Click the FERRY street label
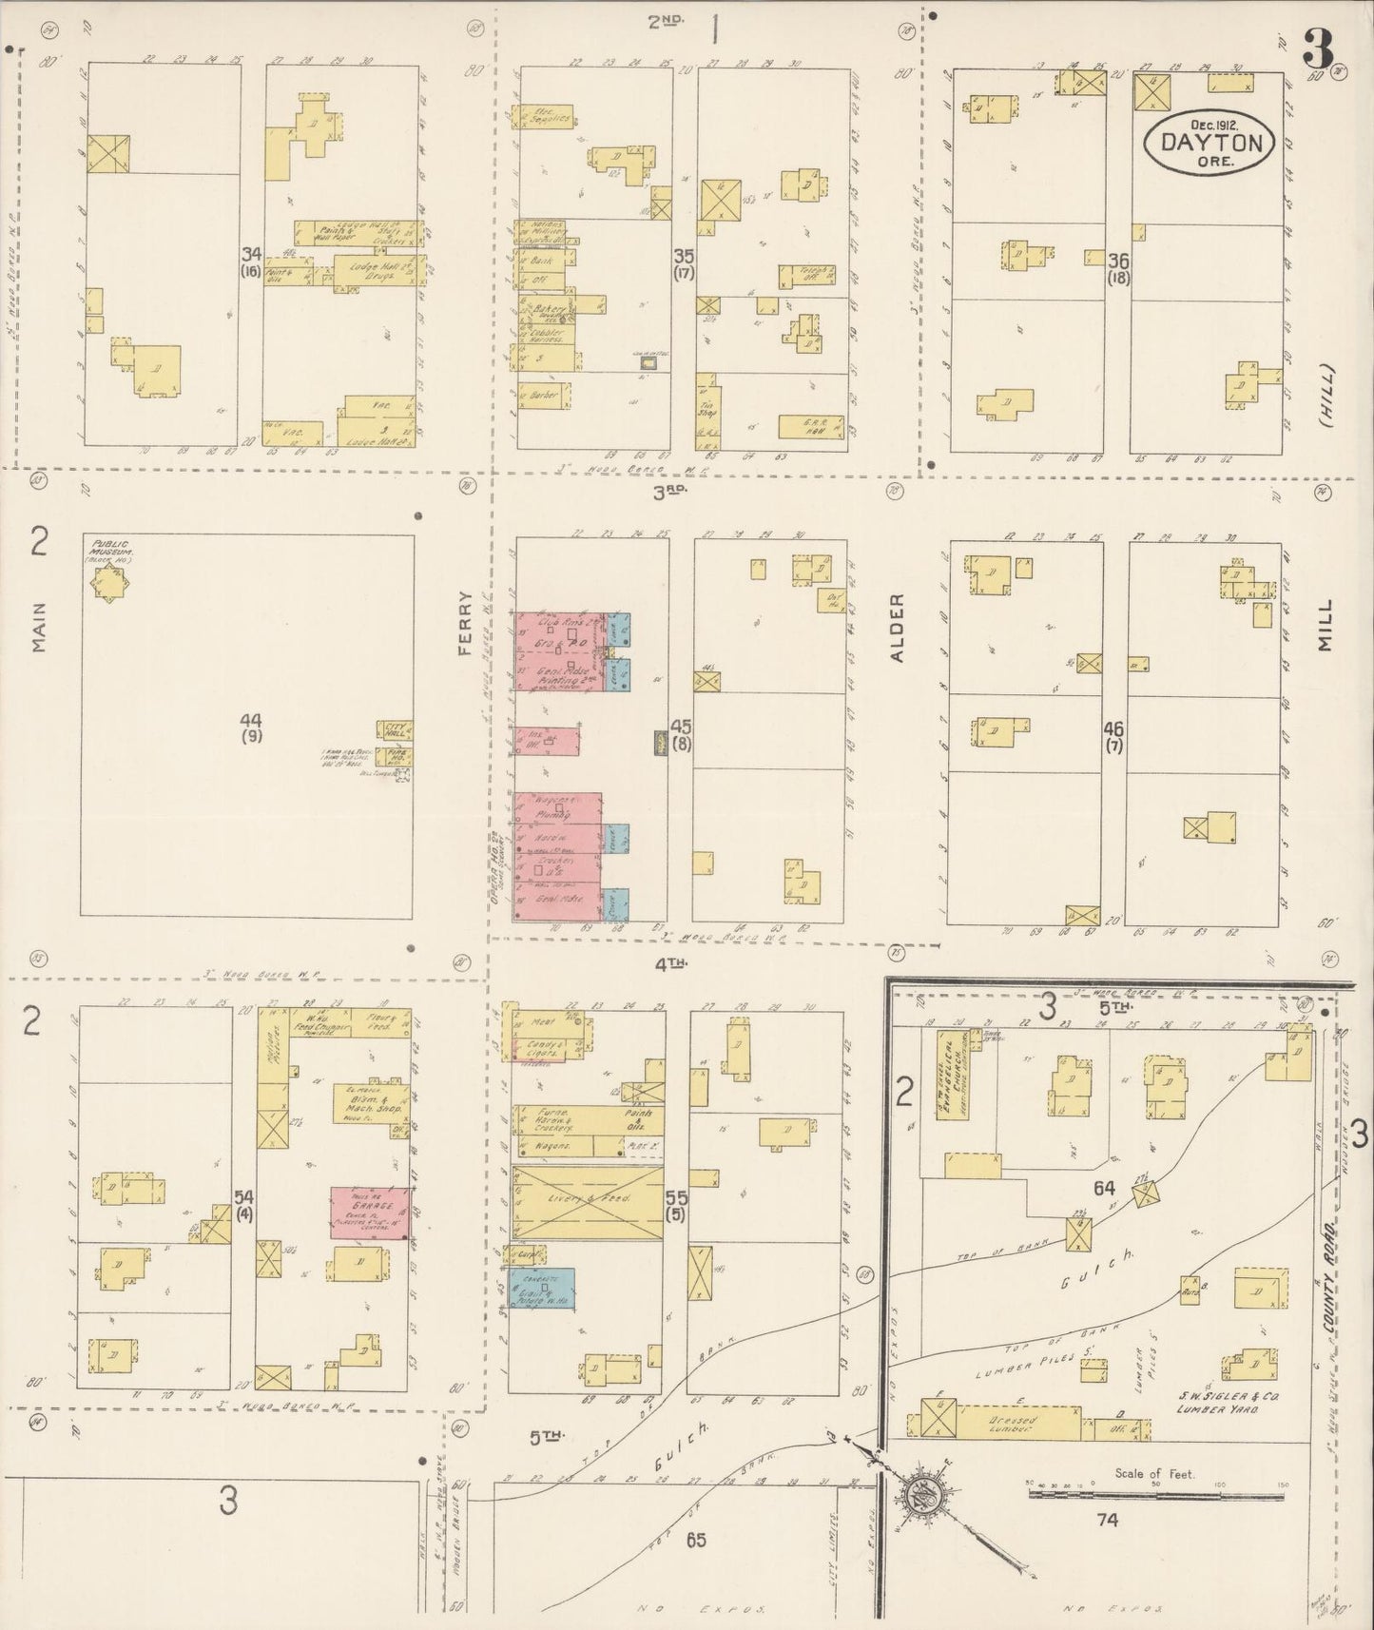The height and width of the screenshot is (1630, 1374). click(465, 623)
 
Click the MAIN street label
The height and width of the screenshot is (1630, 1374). click(39, 630)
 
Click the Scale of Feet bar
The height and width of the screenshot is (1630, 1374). click(1156, 1494)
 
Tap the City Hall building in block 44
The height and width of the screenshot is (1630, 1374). click(394, 730)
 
